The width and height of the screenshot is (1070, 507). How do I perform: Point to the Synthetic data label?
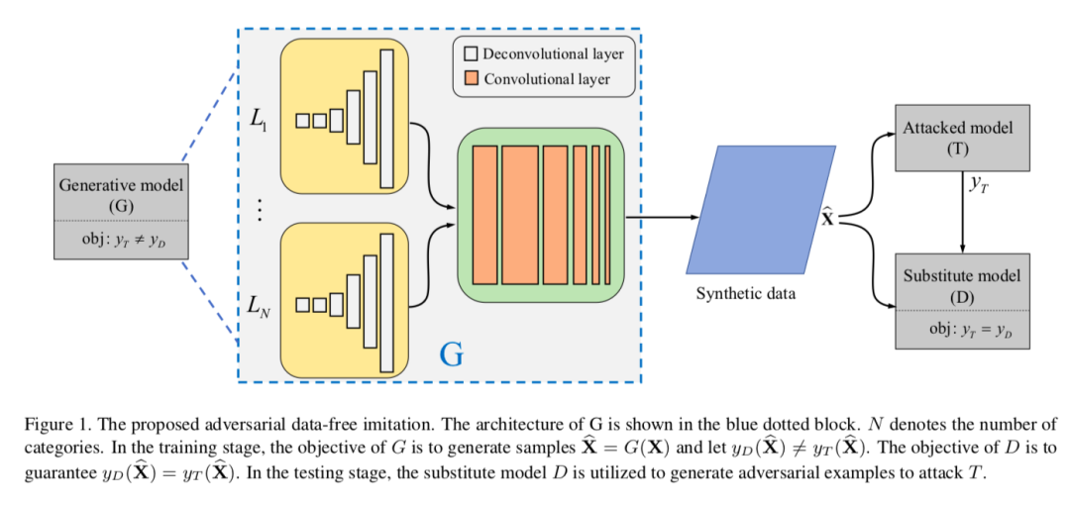pos(745,294)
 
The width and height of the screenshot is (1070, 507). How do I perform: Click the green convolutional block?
pos(541,214)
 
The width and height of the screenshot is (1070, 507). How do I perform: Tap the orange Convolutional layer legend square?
pos(470,78)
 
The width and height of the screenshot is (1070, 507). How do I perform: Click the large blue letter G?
pos(451,355)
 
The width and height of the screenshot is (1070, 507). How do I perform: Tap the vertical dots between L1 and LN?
pos(260,210)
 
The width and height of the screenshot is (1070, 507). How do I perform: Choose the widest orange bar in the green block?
pos(519,214)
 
